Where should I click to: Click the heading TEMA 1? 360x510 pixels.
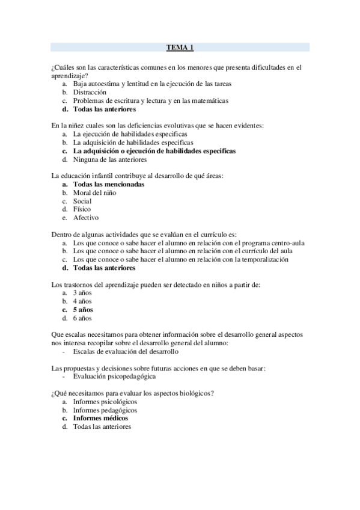tap(180, 46)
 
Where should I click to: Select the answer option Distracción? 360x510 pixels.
tap(90, 93)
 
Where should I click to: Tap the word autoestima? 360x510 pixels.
tap(103, 84)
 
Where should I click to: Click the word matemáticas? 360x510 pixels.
tap(208, 101)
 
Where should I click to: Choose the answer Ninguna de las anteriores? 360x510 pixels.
tap(109, 159)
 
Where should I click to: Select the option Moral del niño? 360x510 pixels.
tap(94, 192)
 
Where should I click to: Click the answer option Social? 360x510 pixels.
tap(82, 201)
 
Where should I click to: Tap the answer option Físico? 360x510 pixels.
tap(82, 209)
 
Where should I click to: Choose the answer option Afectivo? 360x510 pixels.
tap(86, 218)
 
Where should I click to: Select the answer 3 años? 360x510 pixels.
tap(82, 292)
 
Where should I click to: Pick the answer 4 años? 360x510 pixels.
tap(82, 301)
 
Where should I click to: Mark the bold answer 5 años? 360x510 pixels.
tap(83, 309)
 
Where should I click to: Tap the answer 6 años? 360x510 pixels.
tap(82, 318)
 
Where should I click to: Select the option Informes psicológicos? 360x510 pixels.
tap(105, 401)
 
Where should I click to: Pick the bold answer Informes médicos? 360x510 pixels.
tap(100, 418)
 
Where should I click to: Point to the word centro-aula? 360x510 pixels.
tap(285, 242)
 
